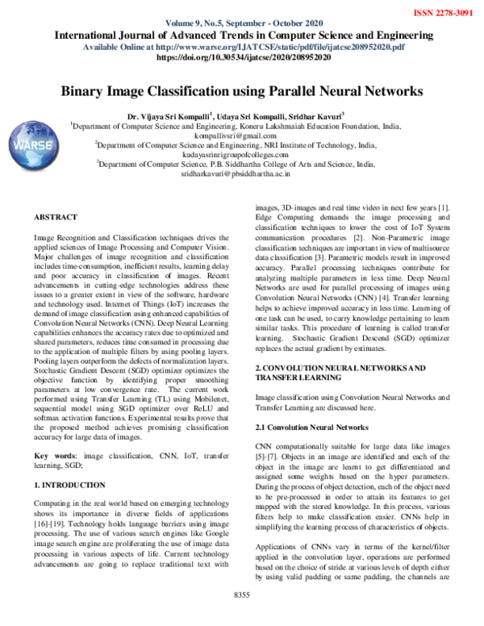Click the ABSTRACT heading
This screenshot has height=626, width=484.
click(56, 218)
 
